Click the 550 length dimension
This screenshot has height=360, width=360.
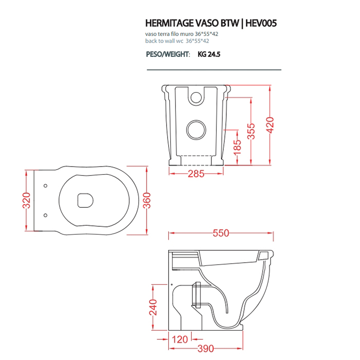point(221,233)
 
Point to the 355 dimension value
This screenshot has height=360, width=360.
point(250,132)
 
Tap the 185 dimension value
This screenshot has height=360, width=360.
point(237,149)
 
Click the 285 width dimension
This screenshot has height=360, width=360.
point(196,174)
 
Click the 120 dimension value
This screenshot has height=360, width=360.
point(179,340)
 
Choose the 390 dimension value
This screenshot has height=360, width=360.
point(206,349)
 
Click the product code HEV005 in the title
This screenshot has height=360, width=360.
point(261,23)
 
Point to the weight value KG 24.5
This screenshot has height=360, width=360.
point(209,53)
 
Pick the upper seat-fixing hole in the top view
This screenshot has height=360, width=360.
point(45,185)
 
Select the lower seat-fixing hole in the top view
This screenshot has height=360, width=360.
point(45,214)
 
